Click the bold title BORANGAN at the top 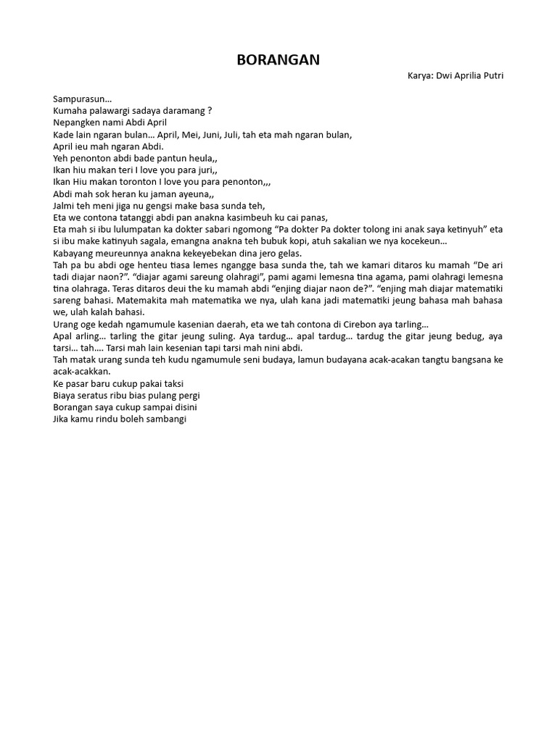coord(278,60)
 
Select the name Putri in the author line coord(491,75)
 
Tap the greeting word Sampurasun coord(81,99)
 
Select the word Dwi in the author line coord(444,75)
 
